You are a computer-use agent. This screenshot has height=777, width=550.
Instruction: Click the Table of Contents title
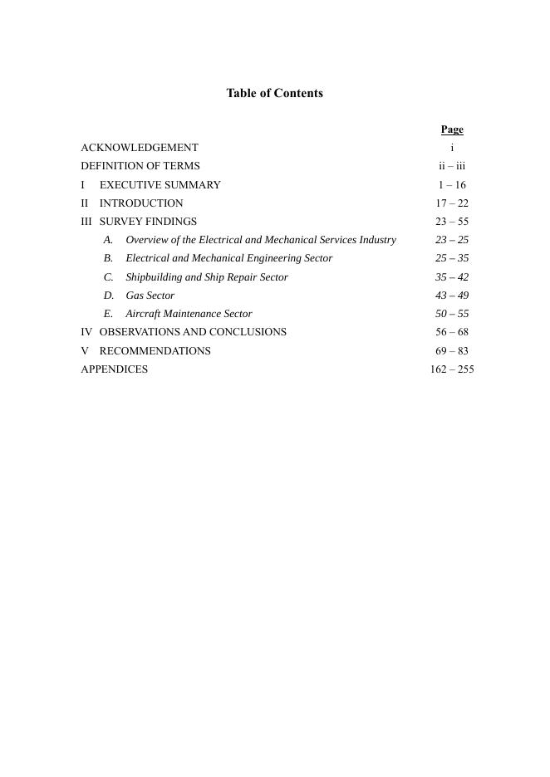(274, 93)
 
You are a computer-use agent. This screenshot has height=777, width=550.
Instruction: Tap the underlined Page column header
(452, 129)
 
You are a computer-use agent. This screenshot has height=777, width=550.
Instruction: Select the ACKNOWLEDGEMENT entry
(140, 148)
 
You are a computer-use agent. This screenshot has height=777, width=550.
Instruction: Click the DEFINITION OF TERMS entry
(140, 166)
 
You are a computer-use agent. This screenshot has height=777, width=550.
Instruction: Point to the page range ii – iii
(452, 166)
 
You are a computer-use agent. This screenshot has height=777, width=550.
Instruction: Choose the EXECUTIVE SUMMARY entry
(160, 185)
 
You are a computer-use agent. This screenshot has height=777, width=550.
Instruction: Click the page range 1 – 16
(452, 185)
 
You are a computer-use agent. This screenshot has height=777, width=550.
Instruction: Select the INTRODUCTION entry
(141, 203)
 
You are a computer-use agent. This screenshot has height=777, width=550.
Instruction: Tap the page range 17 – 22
(452, 203)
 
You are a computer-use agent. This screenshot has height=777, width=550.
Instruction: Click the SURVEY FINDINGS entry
(148, 222)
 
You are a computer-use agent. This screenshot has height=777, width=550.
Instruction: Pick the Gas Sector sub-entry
(150, 296)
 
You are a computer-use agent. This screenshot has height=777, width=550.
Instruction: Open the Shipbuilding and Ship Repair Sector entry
(207, 277)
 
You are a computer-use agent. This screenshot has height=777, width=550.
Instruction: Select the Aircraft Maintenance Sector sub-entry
(189, 314)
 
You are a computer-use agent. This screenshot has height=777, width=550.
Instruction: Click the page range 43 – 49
(452, 296)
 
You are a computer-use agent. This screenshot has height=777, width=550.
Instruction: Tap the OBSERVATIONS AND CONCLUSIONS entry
(193, 332)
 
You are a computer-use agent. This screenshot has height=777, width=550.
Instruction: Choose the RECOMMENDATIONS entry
(155, 351)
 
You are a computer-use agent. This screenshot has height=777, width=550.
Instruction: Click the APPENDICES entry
(115, 369)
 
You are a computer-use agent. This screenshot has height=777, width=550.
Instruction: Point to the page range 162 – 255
(452, 369)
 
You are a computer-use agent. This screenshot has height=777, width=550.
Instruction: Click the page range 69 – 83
(452, 351)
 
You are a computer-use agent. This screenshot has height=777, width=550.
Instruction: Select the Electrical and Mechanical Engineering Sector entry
(228, 258)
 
